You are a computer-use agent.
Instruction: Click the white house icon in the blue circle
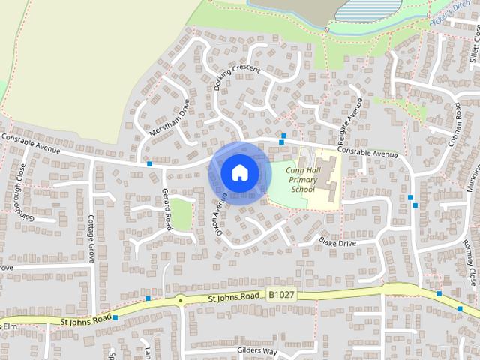pyautogui.click(x=238, y=172)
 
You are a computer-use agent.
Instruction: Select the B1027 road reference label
pyautogui.click(x=283, y=295)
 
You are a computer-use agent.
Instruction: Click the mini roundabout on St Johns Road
pyautogui.click(x=180, y=301)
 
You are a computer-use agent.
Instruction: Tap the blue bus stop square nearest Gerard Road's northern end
pyautogui.click(x=150, y=163)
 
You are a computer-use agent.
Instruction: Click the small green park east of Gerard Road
pyautogui.click(x=181, y=215)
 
